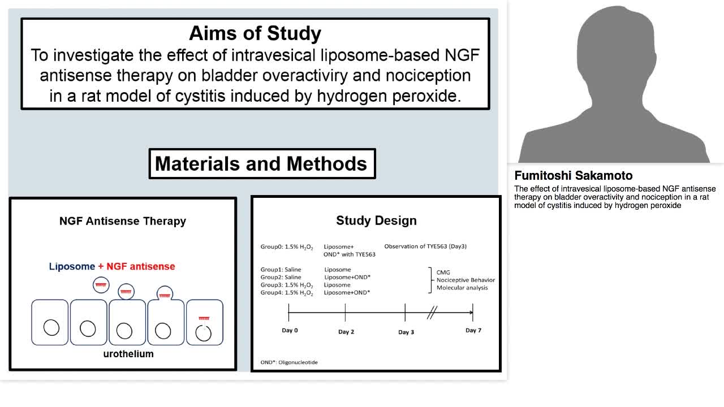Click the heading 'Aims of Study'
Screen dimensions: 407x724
click(x=255, y=33)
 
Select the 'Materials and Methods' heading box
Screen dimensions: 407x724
click(x=261, y=164)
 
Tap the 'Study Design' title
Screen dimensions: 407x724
click(x=376, y=220)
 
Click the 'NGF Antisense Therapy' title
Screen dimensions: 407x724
click(x=123, y=221)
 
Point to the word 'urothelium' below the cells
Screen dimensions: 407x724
click(x=128, y=354)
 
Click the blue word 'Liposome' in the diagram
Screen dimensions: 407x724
click(x=72, y=266)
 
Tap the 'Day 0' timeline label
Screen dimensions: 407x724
click(x=290, y=330)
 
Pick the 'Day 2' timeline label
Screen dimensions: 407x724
click(x=346, y=332)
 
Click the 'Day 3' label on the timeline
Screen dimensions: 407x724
click(x=406, y=332)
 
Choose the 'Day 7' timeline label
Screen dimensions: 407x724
click(x=473, y=330)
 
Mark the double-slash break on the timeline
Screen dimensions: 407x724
click(x=432, y=313)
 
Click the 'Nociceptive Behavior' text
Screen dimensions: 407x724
click(x=466, y=280)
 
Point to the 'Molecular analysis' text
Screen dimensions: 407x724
click(x=462, y=288)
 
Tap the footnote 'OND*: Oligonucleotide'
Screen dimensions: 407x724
click(x=289, y=362)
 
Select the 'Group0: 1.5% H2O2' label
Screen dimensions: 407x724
click(x=287, y=246)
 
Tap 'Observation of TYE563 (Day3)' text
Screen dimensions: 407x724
click(x=425, y=246)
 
